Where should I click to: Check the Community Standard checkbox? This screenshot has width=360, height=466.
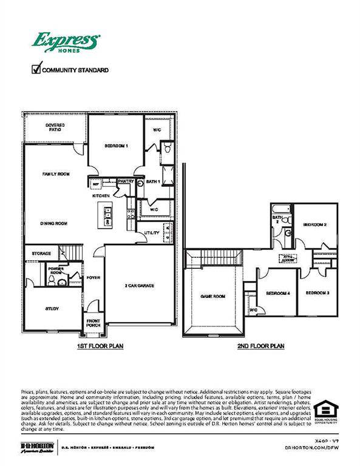click(x=36, y=69)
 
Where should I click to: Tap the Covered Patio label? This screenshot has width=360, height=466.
click(x=55, y=127)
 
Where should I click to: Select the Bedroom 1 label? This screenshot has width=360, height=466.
click(x=116, y=147)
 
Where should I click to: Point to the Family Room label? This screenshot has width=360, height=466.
click(x=56, y=174)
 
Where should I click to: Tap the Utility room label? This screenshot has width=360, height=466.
click(x=152, y=233)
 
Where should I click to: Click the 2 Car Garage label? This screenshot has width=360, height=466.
click(x=138, y=285)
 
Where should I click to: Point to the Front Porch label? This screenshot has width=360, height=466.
click(x=93, y=323)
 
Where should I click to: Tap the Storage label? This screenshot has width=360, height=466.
click(x=41, y=253)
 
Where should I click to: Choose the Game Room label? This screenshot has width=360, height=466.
click(x=213, y=297)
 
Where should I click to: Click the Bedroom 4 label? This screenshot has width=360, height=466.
click(x=278, y=294)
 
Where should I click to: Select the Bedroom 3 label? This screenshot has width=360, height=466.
click(x=317, y=294)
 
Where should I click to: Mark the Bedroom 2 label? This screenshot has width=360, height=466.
click(x=315, y=225)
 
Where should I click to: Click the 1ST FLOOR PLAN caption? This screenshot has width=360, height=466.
click(x=101, y=346)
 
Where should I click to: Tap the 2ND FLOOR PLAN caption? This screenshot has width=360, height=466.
click(x=261, y=346)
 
